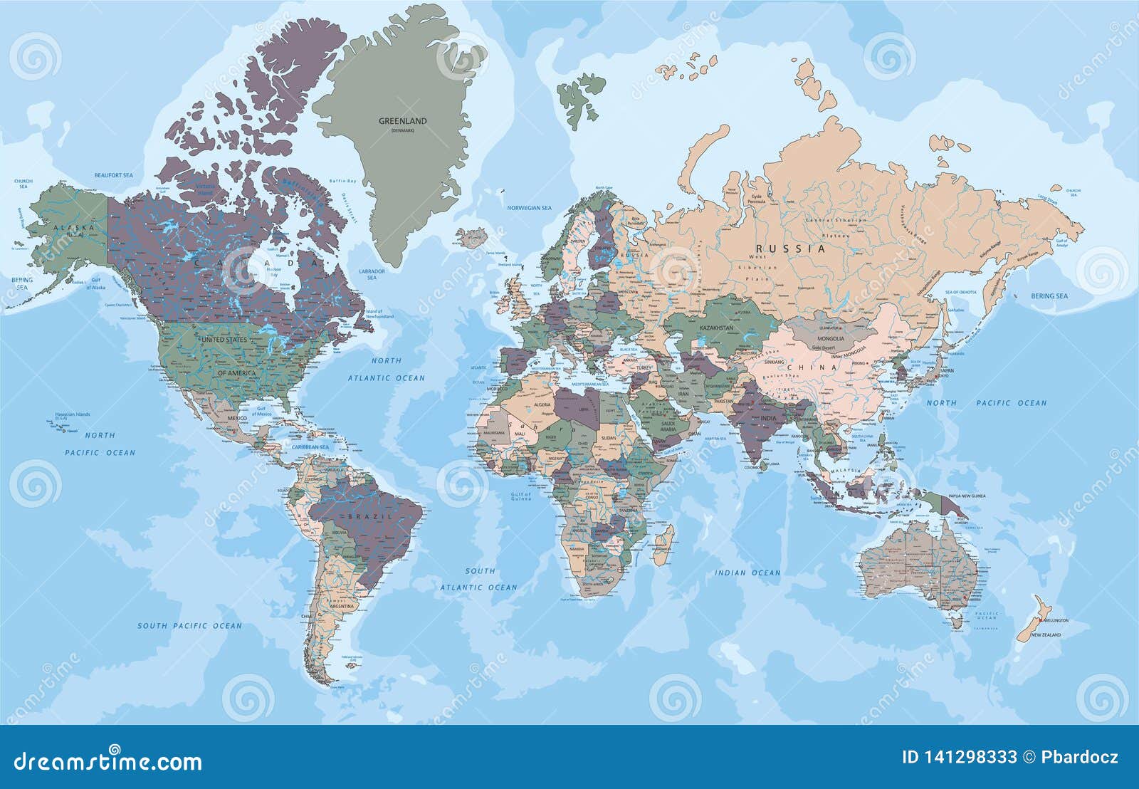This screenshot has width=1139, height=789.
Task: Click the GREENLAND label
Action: [x=402, y=121]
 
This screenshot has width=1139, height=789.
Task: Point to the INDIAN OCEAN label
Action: [x=747, y=573]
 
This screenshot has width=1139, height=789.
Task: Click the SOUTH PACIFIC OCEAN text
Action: [x=189, y=626]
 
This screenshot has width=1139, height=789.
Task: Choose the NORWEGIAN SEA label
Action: [x=529, y=208]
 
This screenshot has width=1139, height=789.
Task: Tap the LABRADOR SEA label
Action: [x=372, y=274]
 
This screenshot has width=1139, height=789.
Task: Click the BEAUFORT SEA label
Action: [x=115, y=174]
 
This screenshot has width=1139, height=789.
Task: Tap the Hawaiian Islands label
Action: [x=73, y=414]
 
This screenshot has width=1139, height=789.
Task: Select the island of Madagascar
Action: [x=662, y=543]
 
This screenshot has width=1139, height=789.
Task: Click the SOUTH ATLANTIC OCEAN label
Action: [x=478, y=579]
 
